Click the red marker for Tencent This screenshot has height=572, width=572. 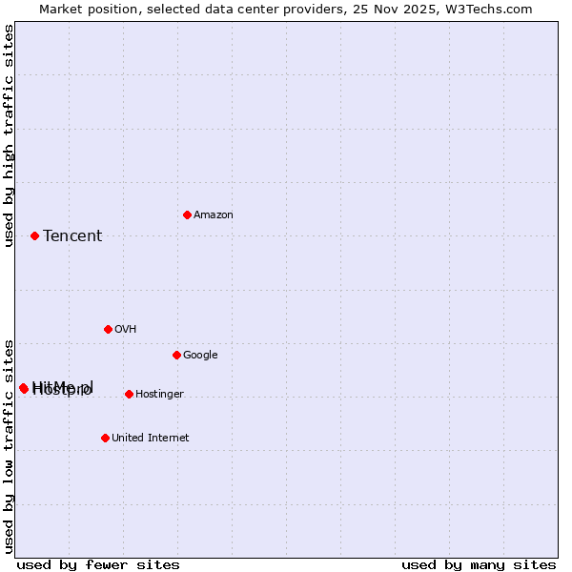coord(34,235)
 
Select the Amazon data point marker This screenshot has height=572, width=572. coord(187,214)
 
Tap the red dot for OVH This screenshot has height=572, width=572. coord(108,329)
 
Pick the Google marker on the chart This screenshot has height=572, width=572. coord(176,355)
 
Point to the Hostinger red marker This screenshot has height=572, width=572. coord(129,394)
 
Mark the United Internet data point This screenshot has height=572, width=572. coord(105,438)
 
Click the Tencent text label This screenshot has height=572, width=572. coord(72,236)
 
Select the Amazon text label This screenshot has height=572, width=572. coord(213,215)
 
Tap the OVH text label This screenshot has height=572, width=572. coord(125,330)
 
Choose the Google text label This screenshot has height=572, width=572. coord(200,356)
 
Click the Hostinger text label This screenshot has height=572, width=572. coord(159,395)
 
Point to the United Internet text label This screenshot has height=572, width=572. coord(150,439)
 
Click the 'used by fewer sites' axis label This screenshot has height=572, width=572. coord(98,564)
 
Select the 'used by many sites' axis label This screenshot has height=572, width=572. coord(479,564)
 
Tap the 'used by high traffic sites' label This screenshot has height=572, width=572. coord(9,135)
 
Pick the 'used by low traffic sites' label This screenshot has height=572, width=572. coord(9,445)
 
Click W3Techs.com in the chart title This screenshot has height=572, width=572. coord(491,9)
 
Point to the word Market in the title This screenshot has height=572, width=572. coord(61,9)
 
